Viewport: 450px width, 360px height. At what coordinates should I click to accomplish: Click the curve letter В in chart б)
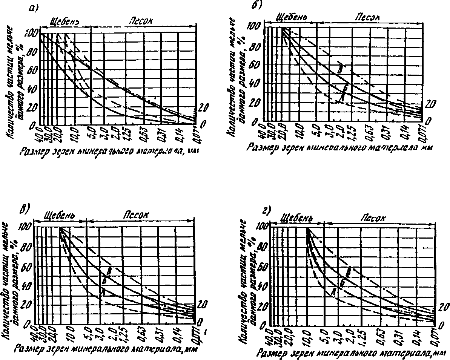340,69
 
